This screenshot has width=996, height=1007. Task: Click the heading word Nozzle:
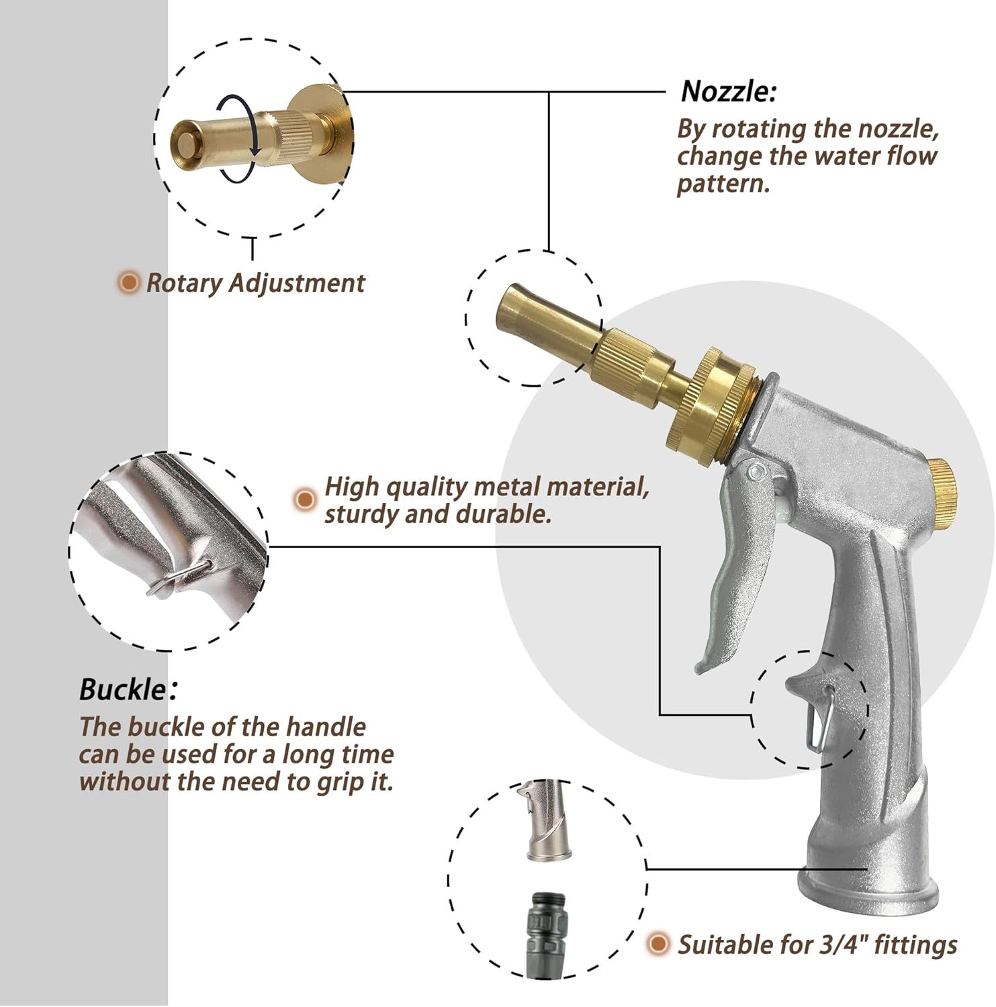(729, 91)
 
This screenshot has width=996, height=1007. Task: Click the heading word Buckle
(122, 689)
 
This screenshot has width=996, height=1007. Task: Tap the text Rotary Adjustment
(255, 283)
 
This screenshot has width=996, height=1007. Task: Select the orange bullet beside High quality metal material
(305, 499)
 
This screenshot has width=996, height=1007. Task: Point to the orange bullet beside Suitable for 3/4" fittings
(659, 944)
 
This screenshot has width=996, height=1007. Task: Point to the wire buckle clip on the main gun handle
(821, 717)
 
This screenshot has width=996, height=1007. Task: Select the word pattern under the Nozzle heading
(722, 183)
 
